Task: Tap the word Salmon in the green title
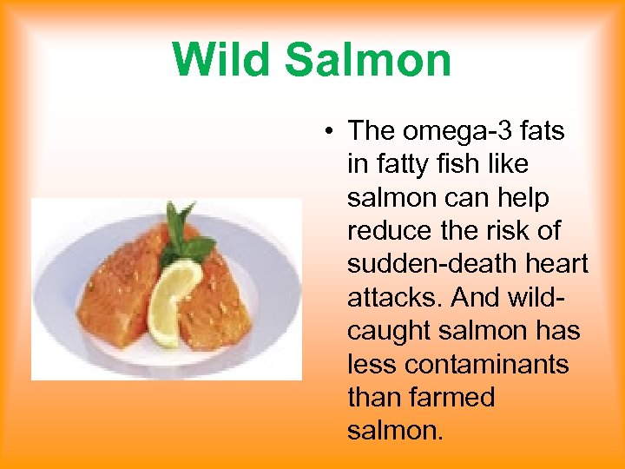(368, 60)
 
